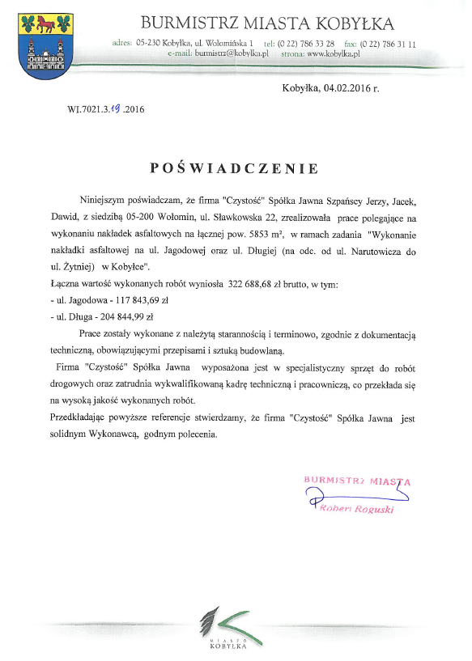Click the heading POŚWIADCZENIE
click(x=235, y=168)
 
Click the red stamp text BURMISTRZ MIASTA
click(x=357, y=481)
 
